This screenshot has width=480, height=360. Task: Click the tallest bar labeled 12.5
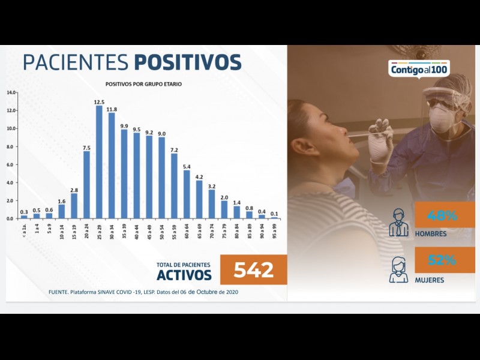tap(99, 162)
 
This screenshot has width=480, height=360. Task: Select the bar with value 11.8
tap(112, 165)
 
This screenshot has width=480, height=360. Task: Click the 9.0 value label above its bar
tap(161, 133)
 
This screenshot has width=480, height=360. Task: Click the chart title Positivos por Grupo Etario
tap(143, 84)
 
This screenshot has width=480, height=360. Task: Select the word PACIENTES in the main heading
tap(76, 63)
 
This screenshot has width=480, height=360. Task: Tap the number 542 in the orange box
tap(253, 270)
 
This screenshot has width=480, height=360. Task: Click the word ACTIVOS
tap(184, 275)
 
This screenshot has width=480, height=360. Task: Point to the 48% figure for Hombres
tap(443, 215)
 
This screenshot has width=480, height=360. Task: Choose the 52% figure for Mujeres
tap(443, 260)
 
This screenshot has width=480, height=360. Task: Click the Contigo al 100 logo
tap(419, 69)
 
